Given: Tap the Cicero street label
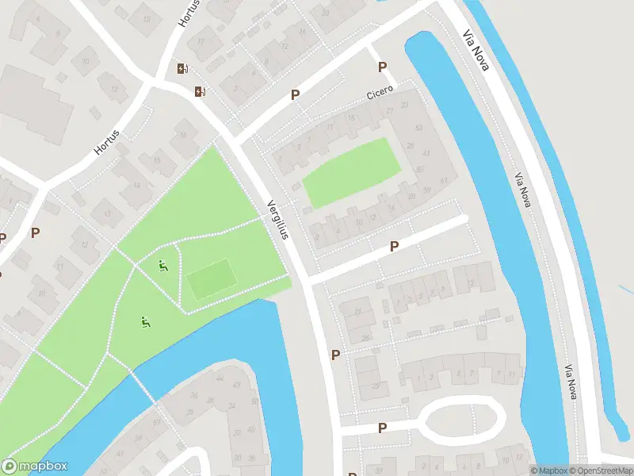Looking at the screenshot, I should pos(380,94).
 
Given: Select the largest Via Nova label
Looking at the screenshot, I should pos(477,50).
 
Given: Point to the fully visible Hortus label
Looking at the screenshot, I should pos(105,142).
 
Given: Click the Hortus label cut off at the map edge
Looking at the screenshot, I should pos(185,14).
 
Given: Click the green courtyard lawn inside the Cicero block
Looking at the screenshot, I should pos(351,172).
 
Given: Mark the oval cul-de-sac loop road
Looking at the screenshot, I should pos(462,420).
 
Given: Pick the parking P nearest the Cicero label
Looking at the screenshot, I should pos(383,67).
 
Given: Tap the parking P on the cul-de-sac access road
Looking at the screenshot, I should pos(382,428).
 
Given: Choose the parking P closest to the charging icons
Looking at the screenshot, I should pos(295,94).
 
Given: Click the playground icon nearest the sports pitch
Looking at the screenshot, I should pos(164,267).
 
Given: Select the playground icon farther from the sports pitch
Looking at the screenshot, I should pos(145,322).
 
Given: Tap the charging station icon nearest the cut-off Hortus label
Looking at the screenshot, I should pos(183,69).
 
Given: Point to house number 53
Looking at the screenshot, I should pos(418,128).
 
